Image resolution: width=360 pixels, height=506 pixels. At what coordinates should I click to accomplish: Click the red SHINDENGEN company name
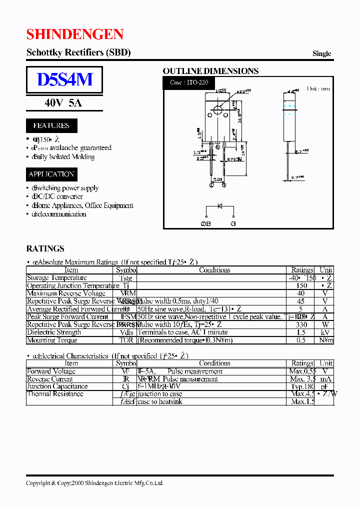pos(75,34)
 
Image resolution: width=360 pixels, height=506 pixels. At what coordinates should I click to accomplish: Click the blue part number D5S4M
pos(64,79)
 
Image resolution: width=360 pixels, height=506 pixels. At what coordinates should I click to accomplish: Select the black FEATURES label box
pos(51,125)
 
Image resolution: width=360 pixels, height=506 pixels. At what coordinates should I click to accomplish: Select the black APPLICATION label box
pos(51,174)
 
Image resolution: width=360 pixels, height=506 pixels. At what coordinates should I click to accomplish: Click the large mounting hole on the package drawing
pos(217,110)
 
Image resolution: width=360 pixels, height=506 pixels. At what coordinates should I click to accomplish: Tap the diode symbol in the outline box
pos(218,206)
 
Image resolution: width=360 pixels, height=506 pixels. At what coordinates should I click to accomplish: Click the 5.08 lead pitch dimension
pos(218,178)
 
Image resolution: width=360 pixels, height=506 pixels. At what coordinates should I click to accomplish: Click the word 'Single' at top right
pos(321,53)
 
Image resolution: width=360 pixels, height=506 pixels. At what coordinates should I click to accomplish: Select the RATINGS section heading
pos(45,248)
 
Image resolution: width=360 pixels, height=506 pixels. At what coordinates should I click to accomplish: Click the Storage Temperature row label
pos(56,278)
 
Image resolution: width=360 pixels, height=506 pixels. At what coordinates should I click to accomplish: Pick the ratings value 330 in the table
pos(302,324)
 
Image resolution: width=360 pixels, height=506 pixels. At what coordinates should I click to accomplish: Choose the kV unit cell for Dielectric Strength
pos(326,332)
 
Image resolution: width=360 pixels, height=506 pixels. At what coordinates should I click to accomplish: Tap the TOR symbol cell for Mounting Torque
pos(126,340)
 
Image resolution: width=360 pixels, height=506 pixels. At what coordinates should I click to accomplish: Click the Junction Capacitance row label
pos(57,386)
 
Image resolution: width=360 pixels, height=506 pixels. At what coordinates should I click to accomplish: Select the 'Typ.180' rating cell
pos(302,386)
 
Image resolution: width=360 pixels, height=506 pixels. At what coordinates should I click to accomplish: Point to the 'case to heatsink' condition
pos(160,401)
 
